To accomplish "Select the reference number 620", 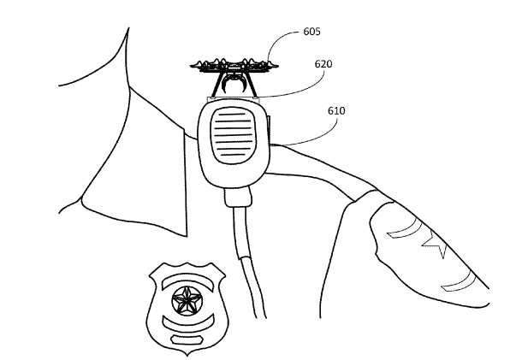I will tap(323, 63).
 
